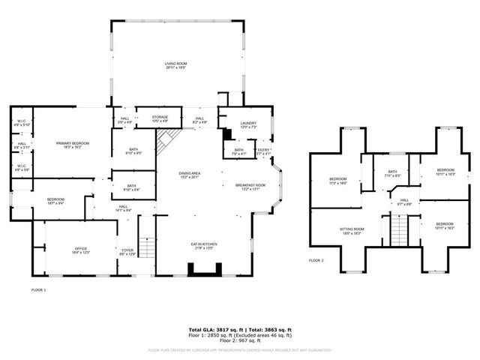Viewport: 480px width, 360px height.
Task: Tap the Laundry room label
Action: pyautogui.click(x=248, y=124)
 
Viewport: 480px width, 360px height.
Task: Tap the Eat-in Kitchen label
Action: pyautogui.click(x=205, y=246)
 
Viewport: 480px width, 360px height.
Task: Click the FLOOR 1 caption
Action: pyautogui.click(x=38, y=289)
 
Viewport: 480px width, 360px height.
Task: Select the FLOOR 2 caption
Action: pyautogui.click(x=316, y=260)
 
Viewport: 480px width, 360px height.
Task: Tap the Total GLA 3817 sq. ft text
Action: pyautogui.click(x=214, y=329)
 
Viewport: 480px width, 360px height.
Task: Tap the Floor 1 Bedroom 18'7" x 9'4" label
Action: pyautogui.click(x=40, y=201)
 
